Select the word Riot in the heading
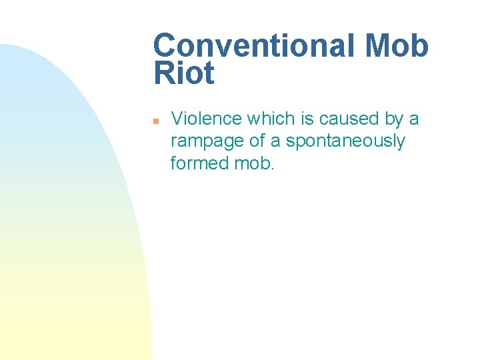pyautogui.click(x=184, y=73)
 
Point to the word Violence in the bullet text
pyautogui.click(x=206, y=119)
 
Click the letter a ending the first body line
pyautogui.click(x=415, y=120)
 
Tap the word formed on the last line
pyautogui.click(x=194, y=163)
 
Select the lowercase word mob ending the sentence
pyautogui.click(x=253, y=163)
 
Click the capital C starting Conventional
pyautogui.click(x=164, y=46)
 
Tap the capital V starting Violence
pyautogui.click(x=177, y=119)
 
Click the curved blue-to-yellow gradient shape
pyautogui.click(x=60, y=213)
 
